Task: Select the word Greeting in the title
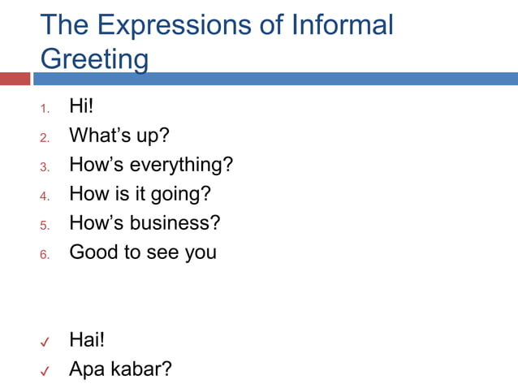(94, 59)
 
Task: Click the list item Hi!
(83, 106)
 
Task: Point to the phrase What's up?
(119, 136)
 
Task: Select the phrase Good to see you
(143, 252)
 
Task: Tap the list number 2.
(45, 137)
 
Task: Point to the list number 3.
(45, 166)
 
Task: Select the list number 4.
(45, 196)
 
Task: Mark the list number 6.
(45, 254)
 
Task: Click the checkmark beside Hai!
(46, 342)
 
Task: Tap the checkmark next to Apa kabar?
(46, 371)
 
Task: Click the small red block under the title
(15, 79)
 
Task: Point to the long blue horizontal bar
(276, 79)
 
